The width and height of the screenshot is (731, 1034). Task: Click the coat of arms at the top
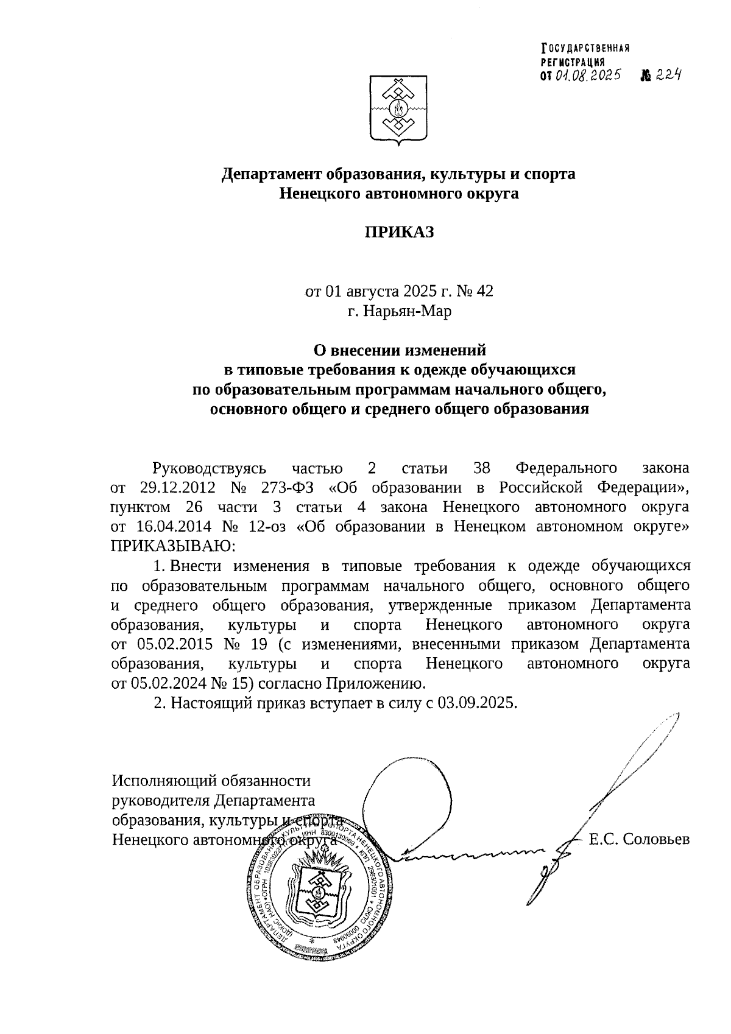pyautogui.click(x=399, y=110)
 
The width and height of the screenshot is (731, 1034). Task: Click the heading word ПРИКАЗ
pyautogui.click(x=399, y=232)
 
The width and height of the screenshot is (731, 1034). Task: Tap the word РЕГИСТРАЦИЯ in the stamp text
pyautogui.click(x=573, y=62)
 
